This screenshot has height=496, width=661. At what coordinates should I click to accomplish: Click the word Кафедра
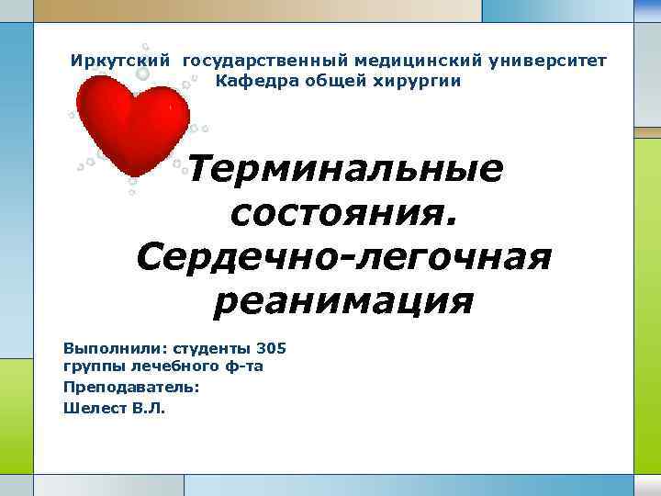pos(249,81)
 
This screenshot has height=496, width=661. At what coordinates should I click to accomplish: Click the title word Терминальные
pos(345,170)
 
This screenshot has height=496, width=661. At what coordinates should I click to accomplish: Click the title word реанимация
pos(343,300)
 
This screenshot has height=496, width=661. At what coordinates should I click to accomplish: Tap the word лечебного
pos(162,367)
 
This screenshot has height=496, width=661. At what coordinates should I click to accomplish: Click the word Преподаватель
pos(131,387)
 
